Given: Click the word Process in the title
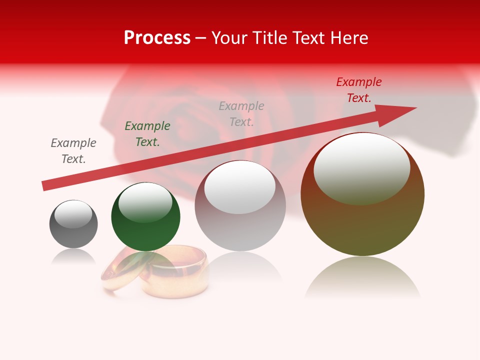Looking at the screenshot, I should pos(157,38).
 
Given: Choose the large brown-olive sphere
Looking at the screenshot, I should pos(362,225).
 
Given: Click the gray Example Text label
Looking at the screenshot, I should pos(73,151).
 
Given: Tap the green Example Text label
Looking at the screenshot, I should pos(147,134).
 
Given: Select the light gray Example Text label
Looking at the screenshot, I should pos(241,114).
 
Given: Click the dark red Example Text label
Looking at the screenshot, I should pos(359,90).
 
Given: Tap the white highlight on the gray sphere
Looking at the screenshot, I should pos(73,214).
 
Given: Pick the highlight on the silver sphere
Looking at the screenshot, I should pos(240,186).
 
